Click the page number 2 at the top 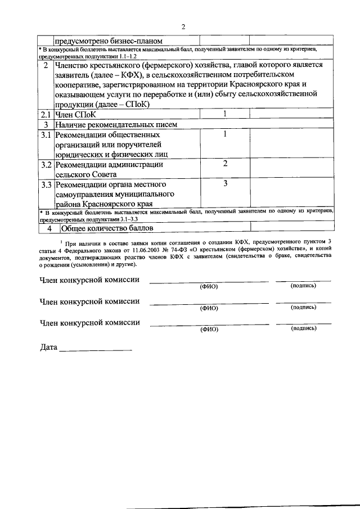[183, 26]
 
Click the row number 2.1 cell [46, 115]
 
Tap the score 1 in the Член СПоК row [224, 114]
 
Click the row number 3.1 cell [46, 135]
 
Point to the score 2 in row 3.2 [224, 164]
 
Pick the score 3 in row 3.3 [224, 183]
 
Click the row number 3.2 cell [46, 165]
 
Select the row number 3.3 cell [46, 184]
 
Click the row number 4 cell [49, 228]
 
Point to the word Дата [49, 347]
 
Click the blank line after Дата [96, 349]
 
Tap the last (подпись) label [303, 329]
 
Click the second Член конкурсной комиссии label [89, 301]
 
